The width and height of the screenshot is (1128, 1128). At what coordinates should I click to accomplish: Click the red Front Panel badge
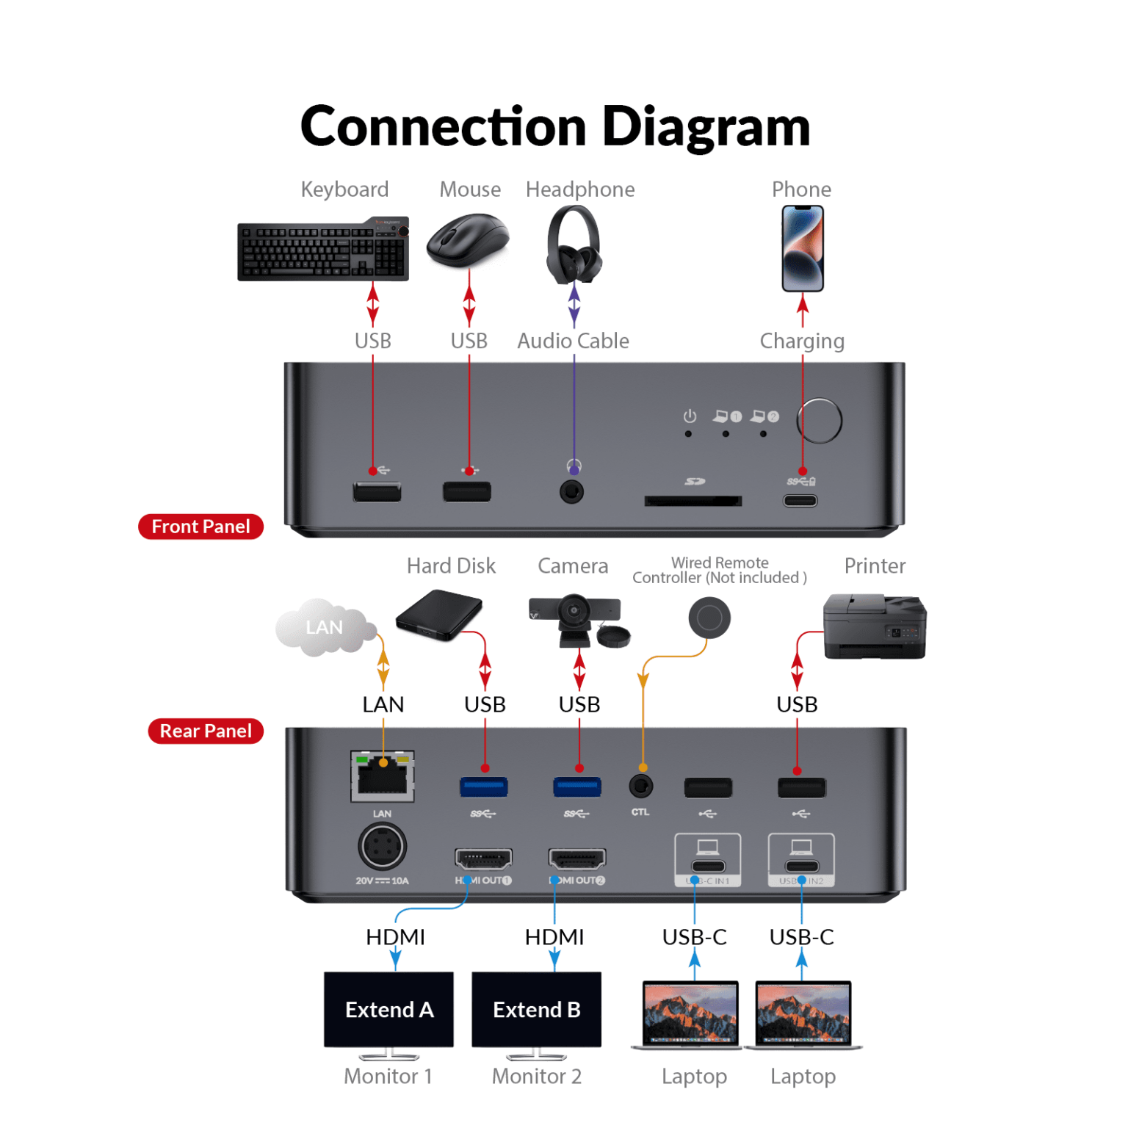[x=200, y=527]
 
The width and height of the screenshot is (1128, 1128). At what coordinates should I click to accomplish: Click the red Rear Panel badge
[x=206, y=731]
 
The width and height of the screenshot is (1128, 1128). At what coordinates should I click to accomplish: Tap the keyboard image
[x=322, y=250]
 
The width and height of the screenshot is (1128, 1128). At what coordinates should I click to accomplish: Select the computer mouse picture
[x=469, y=241]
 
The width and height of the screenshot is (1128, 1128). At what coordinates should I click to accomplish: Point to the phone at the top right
[x=802, y=248]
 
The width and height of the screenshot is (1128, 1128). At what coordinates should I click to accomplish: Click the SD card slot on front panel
[x=693, y=501]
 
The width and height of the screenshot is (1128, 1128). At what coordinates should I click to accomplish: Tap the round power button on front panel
[x=820, y=421]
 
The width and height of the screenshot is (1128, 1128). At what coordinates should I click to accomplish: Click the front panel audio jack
[x=572, y=491]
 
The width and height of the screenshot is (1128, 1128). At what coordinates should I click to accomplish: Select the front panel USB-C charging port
[x=800, y=501]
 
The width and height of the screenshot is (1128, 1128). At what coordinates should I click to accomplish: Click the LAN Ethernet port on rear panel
[x=383, y=776]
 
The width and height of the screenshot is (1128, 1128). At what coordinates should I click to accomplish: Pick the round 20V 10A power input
[x=382, y=847]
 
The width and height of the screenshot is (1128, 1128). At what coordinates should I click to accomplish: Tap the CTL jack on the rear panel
[x=641, y=787]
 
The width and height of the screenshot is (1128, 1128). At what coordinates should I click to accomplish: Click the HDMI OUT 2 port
[x=577, y=858]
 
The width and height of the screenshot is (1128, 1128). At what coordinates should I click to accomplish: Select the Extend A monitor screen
[x=388, y=1009]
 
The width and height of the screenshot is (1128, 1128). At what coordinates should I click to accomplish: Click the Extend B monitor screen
[x=536, y=1009]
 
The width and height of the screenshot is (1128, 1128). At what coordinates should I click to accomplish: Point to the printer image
[x=874, y=626]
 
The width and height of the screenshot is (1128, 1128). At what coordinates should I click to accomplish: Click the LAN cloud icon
[x=324, y=627]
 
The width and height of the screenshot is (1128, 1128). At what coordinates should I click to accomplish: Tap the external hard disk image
[x=438, y=616]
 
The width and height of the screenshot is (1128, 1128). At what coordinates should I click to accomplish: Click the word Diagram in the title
[x=706, y=126]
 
